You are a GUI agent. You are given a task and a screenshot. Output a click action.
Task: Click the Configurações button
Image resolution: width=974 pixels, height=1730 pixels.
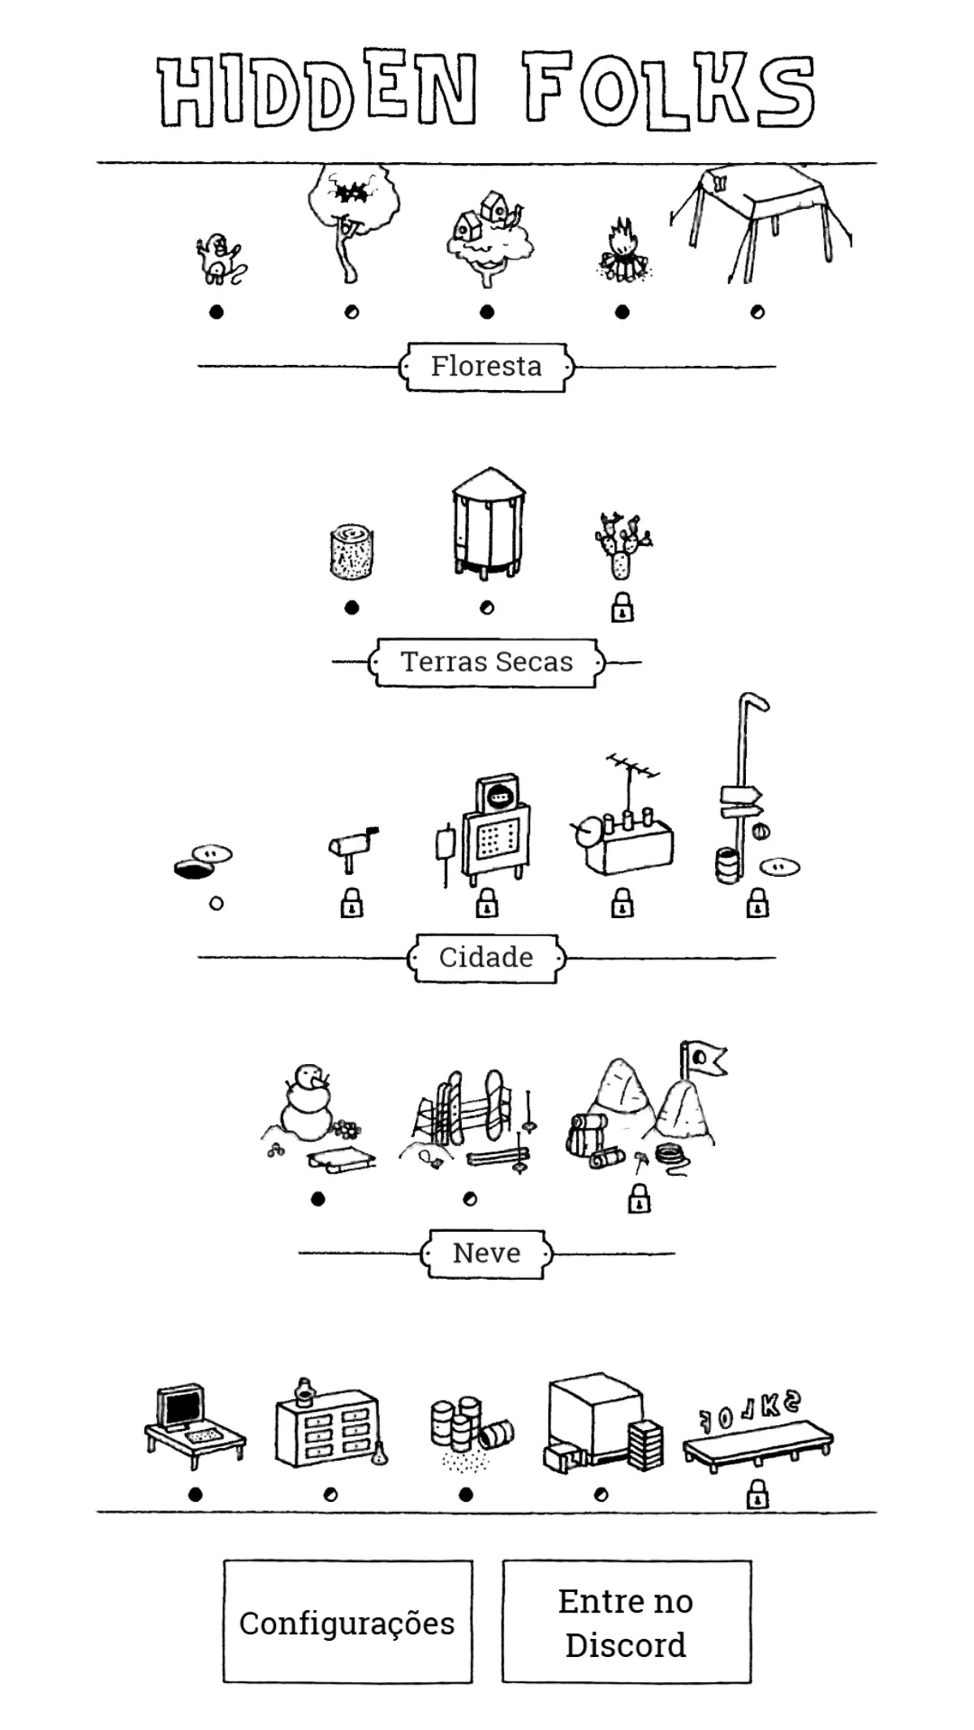pos(347,1623)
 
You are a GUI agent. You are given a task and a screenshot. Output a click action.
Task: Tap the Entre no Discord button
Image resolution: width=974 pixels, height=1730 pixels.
pos(626,1623)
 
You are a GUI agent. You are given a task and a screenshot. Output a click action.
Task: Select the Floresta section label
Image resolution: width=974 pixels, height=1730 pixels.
pos(486,367)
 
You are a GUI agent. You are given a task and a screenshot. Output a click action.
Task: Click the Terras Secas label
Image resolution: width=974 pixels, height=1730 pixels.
pos(487,662)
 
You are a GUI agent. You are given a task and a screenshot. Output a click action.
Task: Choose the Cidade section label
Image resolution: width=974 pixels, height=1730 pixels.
pos(486,958)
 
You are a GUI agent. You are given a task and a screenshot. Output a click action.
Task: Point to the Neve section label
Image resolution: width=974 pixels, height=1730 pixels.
pos(486,1253)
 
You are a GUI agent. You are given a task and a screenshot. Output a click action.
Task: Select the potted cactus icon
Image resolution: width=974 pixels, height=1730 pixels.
pos(622,545)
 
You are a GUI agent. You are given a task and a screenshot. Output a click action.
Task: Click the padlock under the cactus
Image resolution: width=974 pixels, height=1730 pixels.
pos(622,607)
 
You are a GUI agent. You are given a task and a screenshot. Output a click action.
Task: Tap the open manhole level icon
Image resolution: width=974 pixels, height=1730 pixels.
pos(203,862)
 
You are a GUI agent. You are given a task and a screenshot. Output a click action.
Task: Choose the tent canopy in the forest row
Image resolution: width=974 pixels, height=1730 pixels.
pos(759,223)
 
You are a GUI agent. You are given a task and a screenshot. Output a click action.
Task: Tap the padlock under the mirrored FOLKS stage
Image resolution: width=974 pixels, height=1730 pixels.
pos(757,1494)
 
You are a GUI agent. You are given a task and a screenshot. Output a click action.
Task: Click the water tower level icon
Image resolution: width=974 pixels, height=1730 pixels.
pos(488,523)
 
